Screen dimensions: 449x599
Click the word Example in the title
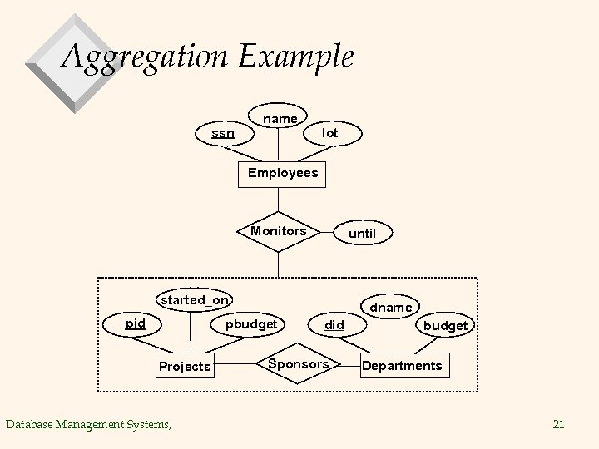296,57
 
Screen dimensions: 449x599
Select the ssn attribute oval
223,133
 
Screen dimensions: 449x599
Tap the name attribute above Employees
280,119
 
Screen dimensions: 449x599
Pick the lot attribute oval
330,133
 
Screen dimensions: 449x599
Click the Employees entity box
282,173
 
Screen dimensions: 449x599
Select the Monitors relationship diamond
279,231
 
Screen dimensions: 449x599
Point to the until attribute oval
362,234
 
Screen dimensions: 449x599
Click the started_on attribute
196,299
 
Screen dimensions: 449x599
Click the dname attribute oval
390,308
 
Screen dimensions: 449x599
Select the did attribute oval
334,325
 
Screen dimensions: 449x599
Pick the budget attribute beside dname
445,325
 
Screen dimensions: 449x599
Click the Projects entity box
185,367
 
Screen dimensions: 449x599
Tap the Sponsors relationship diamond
299,364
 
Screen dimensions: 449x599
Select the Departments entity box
401,366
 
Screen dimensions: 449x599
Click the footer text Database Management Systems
89,425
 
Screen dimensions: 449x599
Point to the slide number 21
558,425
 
